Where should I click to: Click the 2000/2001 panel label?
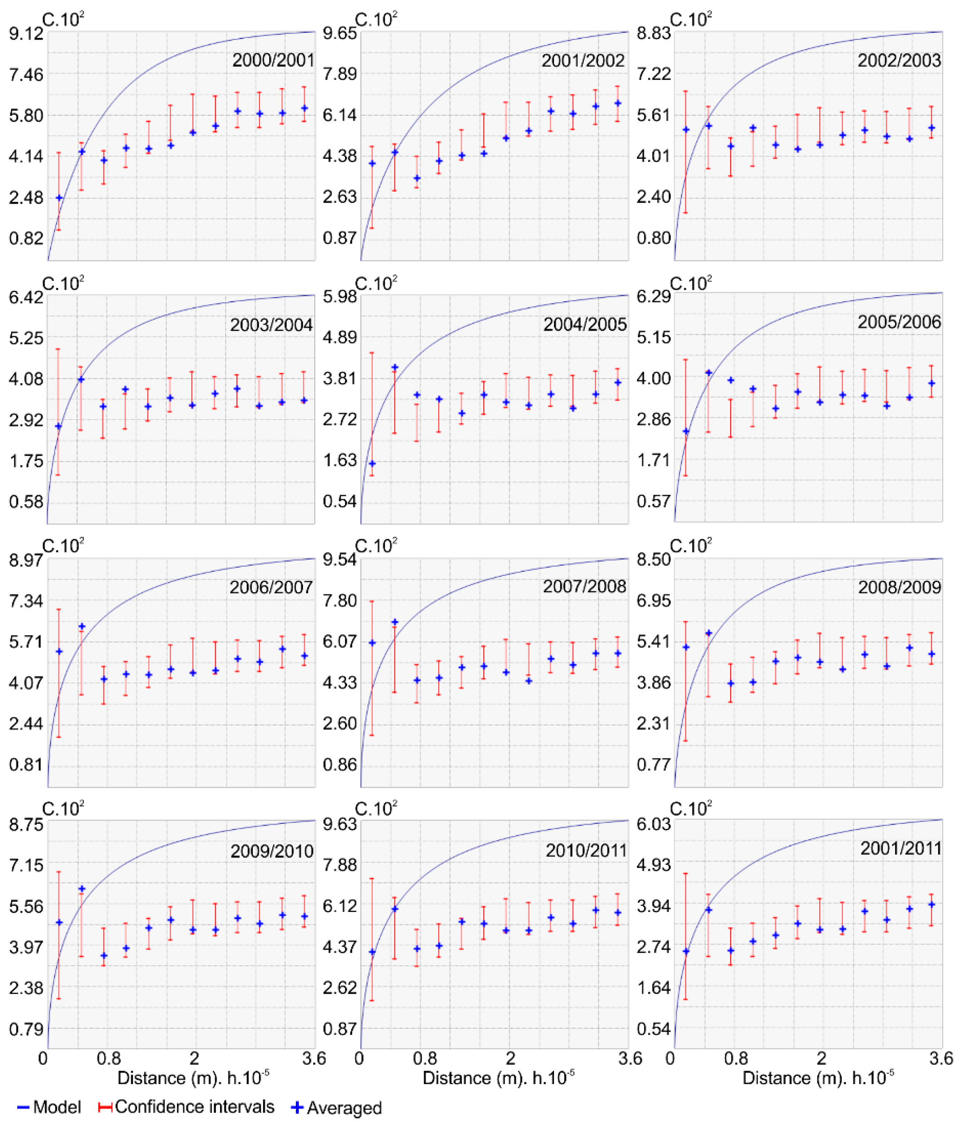click(x=273, y=60)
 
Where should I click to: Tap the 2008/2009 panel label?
click(x=899, y=587)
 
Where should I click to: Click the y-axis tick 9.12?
click(x=26, y=34)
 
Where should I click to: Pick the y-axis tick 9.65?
click(x=340, y=34)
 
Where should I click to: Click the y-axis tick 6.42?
click(x=26, y=297)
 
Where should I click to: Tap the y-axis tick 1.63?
click(x=340, y=460)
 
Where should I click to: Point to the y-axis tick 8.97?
click(x=26, y=560)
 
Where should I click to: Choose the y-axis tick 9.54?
click(x=340, y=560)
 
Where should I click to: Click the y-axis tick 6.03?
click(x=653, y=824)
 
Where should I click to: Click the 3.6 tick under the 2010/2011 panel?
click(x=631, y=1058)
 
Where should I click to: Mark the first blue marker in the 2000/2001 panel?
click(x=59, y=198)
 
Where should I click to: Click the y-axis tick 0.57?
click(x=653, y=501)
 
